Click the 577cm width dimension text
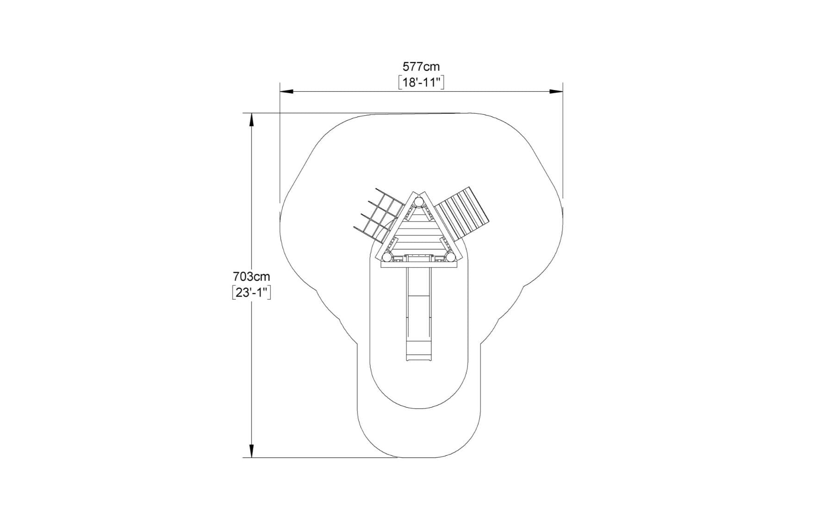tap(421, 67)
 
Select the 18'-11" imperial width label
tap(421, 83)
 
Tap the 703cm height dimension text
tap(251, 277)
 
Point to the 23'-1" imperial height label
tap(251, 293)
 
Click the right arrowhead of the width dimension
tap(556, 92)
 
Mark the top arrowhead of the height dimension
tap(251, 120)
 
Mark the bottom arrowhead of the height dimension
tap(251, 451)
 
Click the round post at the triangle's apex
tap(419, 202)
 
